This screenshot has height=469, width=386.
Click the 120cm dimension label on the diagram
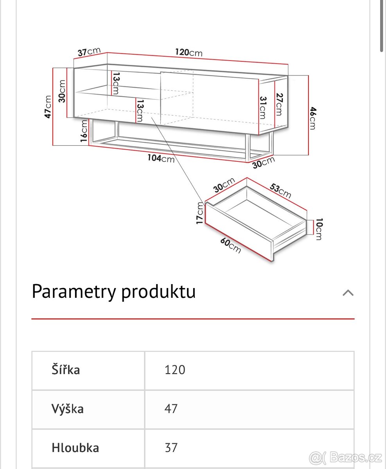[189, 52]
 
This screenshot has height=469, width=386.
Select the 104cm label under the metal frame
[161, 158]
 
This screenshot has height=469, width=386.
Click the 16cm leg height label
[84, 132]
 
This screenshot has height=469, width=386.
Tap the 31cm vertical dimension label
[262, 107]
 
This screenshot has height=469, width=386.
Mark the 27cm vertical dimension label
[278, 104]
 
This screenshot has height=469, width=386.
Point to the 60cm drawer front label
[230, 245]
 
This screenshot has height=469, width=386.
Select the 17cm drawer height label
[200, 213]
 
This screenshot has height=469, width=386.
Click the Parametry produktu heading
[113, 292]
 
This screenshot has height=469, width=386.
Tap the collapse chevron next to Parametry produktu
[348, 293]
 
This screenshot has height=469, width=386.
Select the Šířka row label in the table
[66, 370]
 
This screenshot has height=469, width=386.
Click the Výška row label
[67, 409]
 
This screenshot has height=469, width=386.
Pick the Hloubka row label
[75, 448]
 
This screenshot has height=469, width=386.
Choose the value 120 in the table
[175, 370]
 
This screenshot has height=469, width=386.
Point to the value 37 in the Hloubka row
[171, 448]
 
